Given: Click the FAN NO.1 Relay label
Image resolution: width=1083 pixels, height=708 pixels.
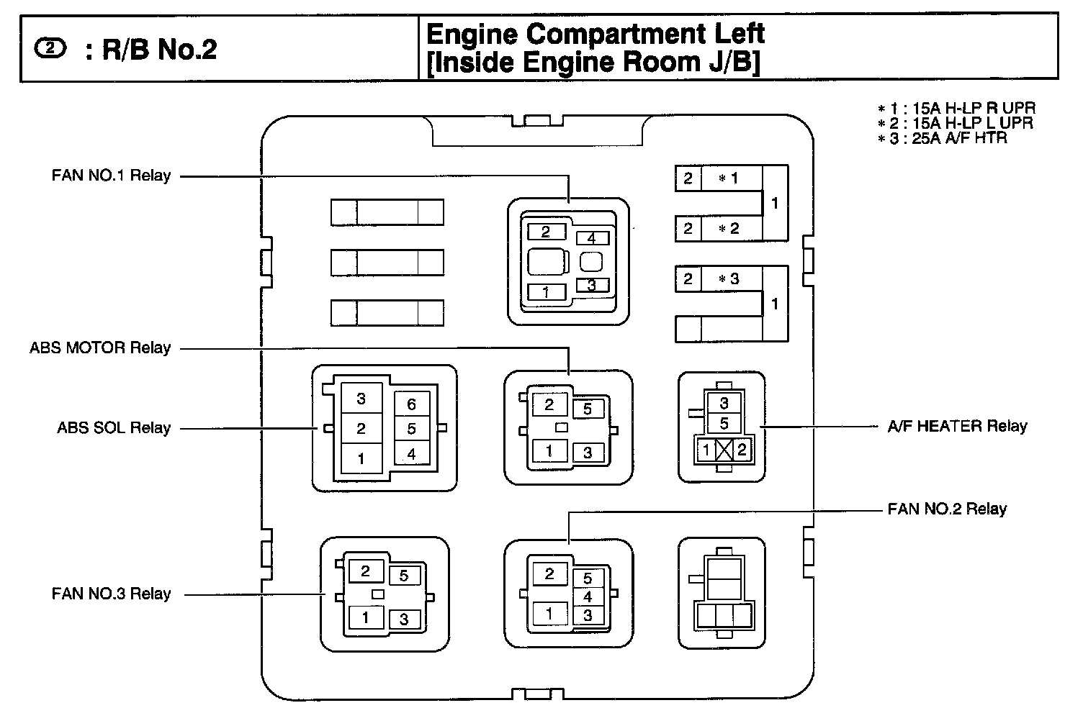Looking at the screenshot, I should pyautogui.click(x=111, y=176).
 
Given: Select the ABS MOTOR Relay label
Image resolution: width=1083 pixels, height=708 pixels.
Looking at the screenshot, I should pyautogui.click(x=100, y=348).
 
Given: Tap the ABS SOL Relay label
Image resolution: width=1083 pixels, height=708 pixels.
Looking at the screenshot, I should pyautogui.click(x=114, y=428).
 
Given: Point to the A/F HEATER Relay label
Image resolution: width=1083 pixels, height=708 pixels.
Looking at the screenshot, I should pyautogui.click(x=957, y=426).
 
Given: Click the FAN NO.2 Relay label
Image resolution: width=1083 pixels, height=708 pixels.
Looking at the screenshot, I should pyautogui.click(x=947, y=509).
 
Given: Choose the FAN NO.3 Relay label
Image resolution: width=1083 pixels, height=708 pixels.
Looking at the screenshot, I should pyautogui.click(x=111, y=594).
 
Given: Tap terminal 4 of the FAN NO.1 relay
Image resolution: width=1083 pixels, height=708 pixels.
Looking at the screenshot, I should pyautogui.click(x=592, y=238).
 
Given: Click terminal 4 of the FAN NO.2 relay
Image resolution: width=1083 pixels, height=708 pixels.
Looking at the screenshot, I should pyautogui.click(x=588, y=596).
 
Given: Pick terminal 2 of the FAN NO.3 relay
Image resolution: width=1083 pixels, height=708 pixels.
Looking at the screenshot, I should pyautogui.click(x=366, y=571).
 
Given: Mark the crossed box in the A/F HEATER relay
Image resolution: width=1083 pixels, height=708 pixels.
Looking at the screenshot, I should pyautogui.click(x=725, y=450).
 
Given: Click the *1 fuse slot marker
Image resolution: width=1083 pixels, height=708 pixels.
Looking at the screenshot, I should pyautogui.click(x=729, y=178).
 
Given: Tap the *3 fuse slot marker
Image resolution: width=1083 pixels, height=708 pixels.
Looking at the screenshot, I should pyautogui.click(x=729, y=278).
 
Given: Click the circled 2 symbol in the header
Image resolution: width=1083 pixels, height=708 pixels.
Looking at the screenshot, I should pyautogui.click(x=49, y=49).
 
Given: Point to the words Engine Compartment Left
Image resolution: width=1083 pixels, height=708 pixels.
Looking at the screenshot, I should pyautogui.click(x=595, y=34).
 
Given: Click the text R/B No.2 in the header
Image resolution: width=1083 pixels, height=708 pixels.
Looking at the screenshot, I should pyautogui.click(x=159, y=50).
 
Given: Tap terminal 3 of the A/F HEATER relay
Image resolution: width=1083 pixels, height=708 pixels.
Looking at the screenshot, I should pyautogui.click(x=724, y=404).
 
